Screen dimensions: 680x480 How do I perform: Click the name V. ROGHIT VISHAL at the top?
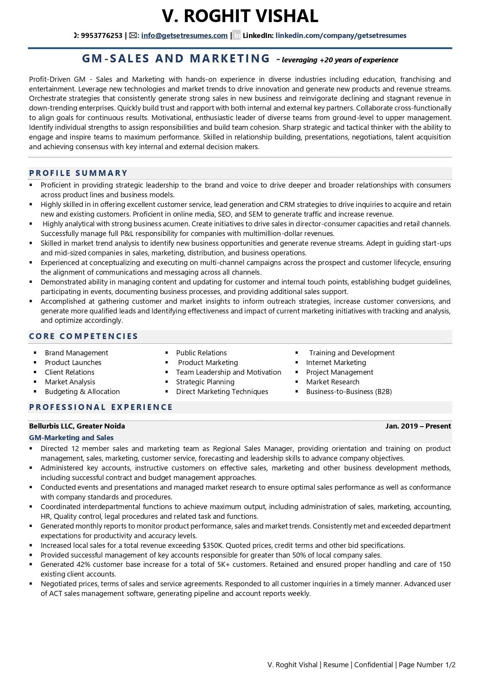point(240,16)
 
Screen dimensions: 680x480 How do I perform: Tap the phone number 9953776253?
point(101,36)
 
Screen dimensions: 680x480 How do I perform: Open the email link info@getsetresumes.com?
point(184,36)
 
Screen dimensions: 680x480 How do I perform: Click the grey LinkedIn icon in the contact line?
point(237,36)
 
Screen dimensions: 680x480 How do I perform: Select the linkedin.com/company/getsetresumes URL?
point(341,36)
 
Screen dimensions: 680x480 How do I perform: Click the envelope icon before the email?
point(133,36)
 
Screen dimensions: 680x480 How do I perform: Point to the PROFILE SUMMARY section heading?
point(78,173)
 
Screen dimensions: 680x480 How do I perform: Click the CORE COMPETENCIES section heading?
point(83,336)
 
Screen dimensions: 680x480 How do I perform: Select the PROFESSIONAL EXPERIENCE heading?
point(101,407)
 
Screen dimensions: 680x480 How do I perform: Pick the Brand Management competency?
point(76,353)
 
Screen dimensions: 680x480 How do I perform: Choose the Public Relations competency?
point(201,353)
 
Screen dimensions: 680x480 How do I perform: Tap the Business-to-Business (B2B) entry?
point(349,392)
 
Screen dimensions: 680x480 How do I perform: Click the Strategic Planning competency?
point(205,382)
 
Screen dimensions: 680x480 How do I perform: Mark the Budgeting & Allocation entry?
point(82,392)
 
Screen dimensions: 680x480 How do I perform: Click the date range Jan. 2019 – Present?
point(418,426)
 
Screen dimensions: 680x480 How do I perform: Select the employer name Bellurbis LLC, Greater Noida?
point(77,426)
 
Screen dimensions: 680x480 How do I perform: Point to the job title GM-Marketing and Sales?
point(71,438)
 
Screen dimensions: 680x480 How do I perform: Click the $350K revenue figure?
point(212,546)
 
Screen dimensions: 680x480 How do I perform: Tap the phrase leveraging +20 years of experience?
point(340,60)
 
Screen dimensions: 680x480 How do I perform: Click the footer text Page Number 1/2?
point(427,665)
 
